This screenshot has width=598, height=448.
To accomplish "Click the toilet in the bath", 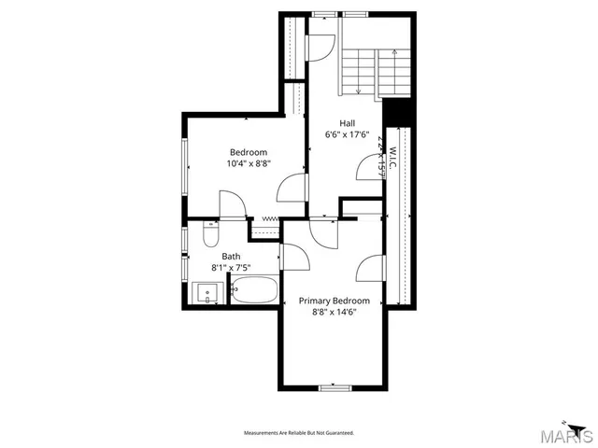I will (208, 235).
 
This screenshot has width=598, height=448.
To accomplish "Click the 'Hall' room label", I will (347, 123).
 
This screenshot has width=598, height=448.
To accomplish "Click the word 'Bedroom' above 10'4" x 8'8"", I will (249, 152).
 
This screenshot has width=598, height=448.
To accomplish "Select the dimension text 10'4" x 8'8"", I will (249, 164).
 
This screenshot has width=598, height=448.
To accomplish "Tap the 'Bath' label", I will (231, 256).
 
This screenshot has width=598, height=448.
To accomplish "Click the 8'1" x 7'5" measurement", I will (231, 268).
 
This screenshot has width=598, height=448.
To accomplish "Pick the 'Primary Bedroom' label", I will (334, 301).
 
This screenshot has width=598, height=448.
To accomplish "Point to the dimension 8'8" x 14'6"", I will (334, 313).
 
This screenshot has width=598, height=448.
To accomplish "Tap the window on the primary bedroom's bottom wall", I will (334, 387).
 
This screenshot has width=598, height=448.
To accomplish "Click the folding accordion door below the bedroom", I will (270, 219).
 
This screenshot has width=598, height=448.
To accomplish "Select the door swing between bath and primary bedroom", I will (292, 255).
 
